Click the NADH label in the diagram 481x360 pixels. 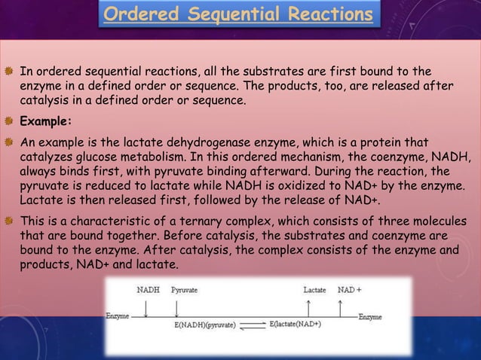(x=149, y=289)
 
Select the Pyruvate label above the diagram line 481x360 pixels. (x=185, y=289)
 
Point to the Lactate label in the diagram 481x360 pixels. (x=314, y=289)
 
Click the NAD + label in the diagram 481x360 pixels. (x=349, y=289)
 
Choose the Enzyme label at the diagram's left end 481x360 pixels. (x=118, y=316)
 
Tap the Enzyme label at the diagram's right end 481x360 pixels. (x=370, y=317)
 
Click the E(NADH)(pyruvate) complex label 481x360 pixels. (x=205, y=325)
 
